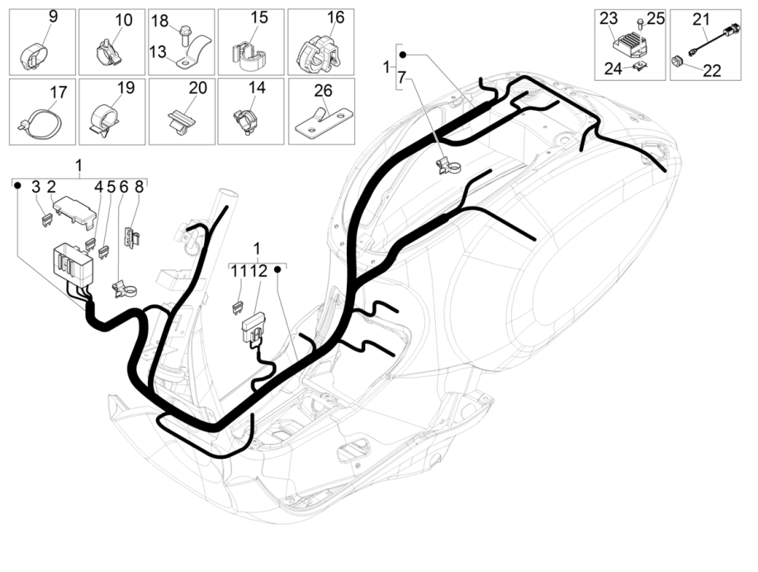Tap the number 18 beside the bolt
coord(160,20)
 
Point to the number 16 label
coord(334,17)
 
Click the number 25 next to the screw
coord(655,18)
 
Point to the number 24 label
coord(612,69)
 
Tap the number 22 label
coord(712,70)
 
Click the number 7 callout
coord(402,79)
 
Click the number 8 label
coord(139,187)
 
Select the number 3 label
coord(37,187)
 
